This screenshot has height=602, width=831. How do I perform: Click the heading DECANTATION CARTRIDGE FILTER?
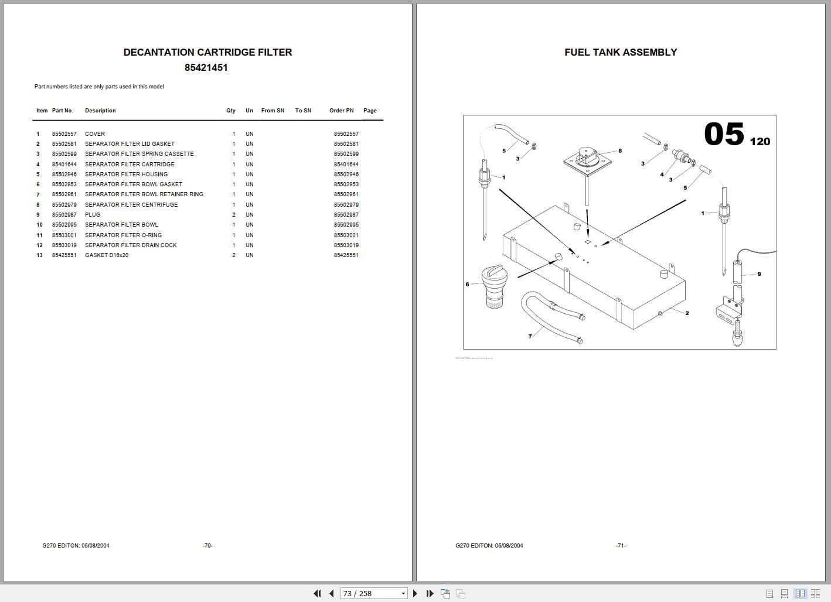click(x=207, y=52)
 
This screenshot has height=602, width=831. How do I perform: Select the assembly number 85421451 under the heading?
click(x=206, y=67)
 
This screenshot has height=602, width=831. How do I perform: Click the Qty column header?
click(x=231, y=111)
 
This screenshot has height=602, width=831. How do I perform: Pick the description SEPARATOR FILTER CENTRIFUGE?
click(x=131, y=205)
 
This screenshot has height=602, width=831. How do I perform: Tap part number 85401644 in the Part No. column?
click(x=64, y=165)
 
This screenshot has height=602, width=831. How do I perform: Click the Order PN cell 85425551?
click(x=346, y=255)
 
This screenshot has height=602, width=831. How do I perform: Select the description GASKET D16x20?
click(x=107, y=255)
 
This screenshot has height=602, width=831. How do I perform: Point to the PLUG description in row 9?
click(x=93, y=215)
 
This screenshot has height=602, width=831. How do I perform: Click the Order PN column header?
click(x=341, y=111)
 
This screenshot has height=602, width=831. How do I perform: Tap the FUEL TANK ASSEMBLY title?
click(x=621, y=52)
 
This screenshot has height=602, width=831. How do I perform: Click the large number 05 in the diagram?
click(x=724, y=134)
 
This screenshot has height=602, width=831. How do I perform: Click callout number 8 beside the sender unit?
click(x=620, y=150)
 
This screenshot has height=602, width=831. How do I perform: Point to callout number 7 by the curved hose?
click(x=530, y=336)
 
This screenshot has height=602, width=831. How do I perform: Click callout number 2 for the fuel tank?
click(x=687, y=313)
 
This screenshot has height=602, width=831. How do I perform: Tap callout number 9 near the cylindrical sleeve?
click(x=759, y=274)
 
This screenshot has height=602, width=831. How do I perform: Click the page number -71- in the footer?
click(x=621, y=546)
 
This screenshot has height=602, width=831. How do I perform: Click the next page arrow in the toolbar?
click(x=415, y=593)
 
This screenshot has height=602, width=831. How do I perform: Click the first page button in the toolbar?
click(x=317, y=593)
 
